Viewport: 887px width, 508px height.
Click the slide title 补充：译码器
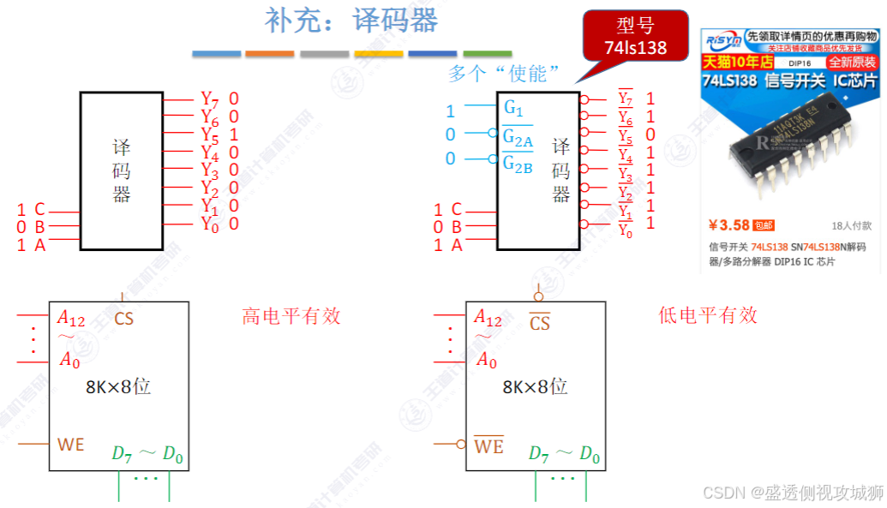pos(351,21)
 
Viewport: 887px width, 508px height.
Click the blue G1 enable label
pos(513,109)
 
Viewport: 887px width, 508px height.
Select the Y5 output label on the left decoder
pos(209,134)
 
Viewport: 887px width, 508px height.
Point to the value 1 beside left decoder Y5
pos(234,134)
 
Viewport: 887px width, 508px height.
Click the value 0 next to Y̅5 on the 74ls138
pos(650,134)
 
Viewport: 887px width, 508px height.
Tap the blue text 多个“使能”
pos(497,74)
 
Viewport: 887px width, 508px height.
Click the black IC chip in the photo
pos(788,149)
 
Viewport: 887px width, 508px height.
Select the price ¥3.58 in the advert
pos(729,225)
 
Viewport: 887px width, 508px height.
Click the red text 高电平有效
pos(291,316)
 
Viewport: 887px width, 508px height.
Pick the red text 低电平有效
pos(708,316)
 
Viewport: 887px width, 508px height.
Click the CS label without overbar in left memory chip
pos(124,320)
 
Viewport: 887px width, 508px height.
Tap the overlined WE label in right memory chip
pos(488,446)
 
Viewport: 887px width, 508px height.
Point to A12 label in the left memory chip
pos(71,319)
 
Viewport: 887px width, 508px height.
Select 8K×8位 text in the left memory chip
pos(117,386)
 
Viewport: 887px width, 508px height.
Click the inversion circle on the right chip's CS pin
pos(539,297)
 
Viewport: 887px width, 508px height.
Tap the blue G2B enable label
pos(518,163)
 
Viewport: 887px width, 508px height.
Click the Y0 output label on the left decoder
pos(209,224)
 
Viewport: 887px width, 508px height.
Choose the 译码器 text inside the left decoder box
pos(122,170)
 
